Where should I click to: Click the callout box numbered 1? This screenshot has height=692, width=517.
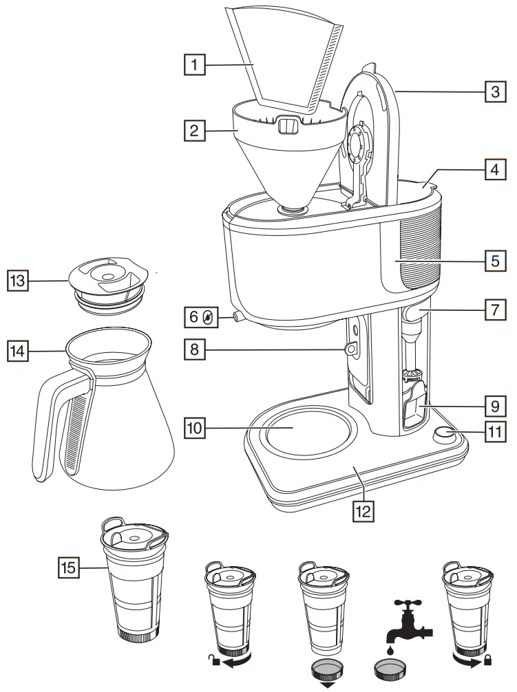point(196,65)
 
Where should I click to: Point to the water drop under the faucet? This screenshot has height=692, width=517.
point(390,648)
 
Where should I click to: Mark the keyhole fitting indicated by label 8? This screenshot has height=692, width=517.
point(351,350)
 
